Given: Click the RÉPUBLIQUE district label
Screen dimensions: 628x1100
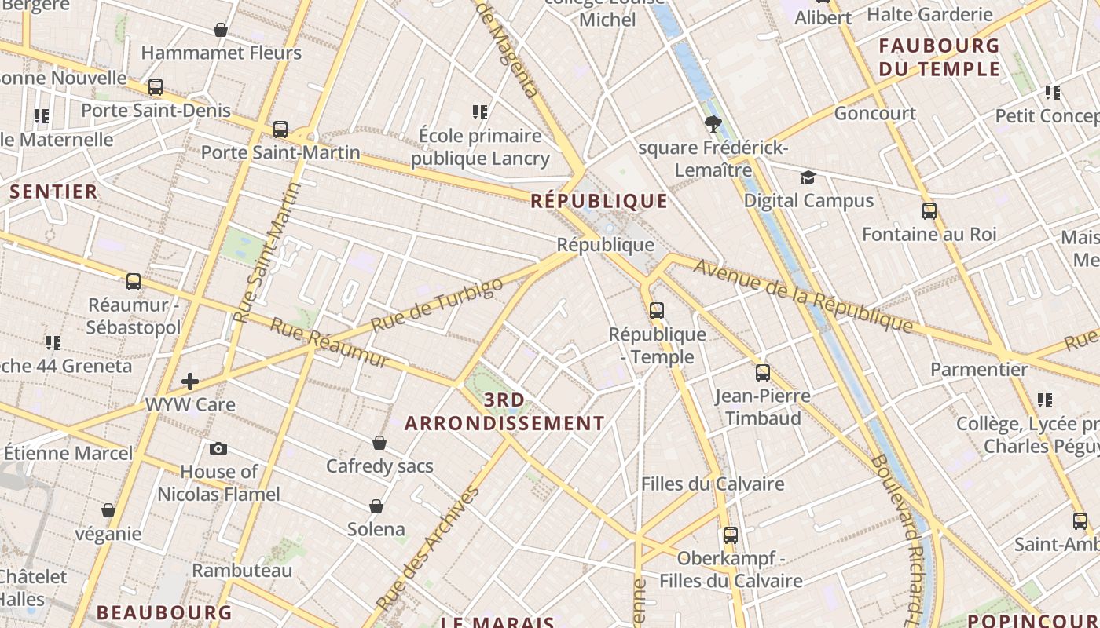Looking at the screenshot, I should coord(599,201).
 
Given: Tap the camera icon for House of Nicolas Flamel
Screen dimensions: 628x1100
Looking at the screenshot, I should coord(218,449).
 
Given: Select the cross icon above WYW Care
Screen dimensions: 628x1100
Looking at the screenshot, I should coord(189,382).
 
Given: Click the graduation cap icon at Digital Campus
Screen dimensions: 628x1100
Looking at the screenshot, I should coord(808,177).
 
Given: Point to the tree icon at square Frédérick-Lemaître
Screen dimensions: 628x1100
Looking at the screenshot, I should coord(713,123).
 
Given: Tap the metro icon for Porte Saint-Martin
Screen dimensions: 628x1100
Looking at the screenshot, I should coord(280,130).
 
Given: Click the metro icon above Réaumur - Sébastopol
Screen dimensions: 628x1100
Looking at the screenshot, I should coord(134,281).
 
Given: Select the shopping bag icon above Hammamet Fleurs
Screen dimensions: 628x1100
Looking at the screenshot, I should coord(221,30).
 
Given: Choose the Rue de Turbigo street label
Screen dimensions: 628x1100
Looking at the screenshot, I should coord(437,305).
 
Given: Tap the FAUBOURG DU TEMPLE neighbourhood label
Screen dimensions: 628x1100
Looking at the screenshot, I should coord(939,57).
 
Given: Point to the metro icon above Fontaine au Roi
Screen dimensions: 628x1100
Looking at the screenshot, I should coord(929,211).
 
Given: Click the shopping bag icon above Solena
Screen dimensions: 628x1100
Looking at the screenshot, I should coord(376,506).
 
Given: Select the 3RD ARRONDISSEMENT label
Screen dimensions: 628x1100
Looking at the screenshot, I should coord(504,412).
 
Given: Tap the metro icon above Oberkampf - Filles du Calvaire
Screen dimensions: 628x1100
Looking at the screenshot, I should coord(731,535).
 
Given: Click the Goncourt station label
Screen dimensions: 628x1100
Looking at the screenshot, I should coord(874,113).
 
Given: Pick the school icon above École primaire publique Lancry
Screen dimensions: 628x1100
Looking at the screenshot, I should coord(480,112).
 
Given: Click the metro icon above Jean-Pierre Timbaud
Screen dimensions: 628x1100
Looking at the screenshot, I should coord(762,373).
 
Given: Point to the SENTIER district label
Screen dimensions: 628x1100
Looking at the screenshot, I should coord(53,192).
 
